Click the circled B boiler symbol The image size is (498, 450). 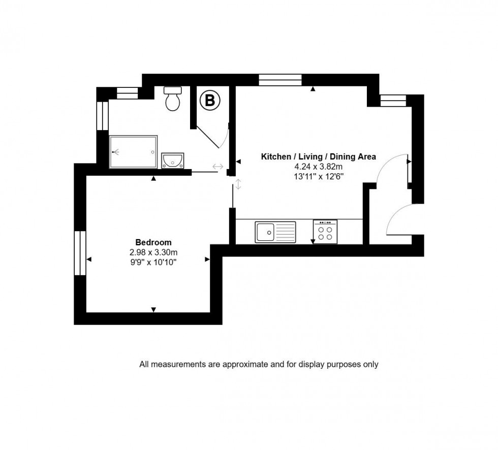[x=209, y=101]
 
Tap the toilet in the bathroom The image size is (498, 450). [x=173, y=99]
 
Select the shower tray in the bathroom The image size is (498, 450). [x=133, y=152]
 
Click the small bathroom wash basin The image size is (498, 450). [x=173, y=162]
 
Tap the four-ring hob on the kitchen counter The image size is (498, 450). [x=325, y=232]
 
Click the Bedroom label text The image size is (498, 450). [x=153, y=242]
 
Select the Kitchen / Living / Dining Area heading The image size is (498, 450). [x=318, y=157]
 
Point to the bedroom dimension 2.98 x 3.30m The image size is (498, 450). [x=153, y=252]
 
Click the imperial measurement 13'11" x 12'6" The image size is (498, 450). [x=318, y=176]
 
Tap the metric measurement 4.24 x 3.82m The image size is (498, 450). [x=318, y=167]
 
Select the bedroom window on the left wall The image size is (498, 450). [x=80, y=253]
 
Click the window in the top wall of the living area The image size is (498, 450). [x=280, y=79]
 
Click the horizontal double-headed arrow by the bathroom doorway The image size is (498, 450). [x=218, y=167]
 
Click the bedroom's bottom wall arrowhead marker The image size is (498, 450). [x=153, y=309]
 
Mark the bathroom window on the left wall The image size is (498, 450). [x=102, y=116]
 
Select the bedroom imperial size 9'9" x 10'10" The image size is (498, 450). [x=153, y=262]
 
